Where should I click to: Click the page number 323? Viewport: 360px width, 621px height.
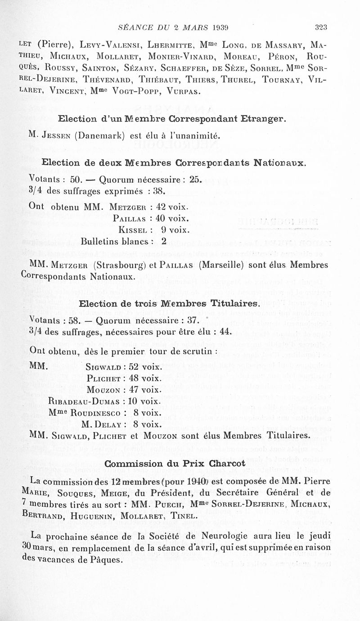click(320, 27)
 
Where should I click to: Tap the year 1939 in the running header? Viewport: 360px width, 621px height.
click(220, 27)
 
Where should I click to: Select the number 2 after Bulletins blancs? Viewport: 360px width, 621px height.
click(164, 241)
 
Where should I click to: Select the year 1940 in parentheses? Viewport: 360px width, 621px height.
click(239, 481)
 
